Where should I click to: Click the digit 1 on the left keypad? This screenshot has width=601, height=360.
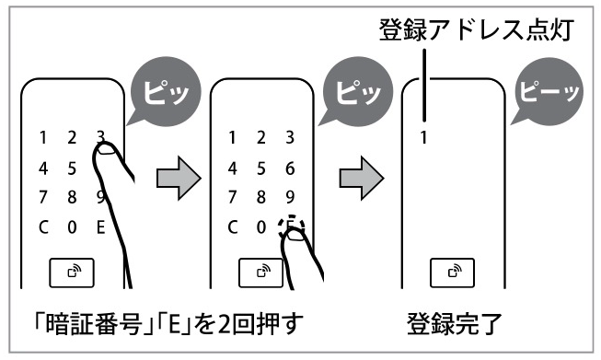43,137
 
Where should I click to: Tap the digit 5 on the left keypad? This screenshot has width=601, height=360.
72,168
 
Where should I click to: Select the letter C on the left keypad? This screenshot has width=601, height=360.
43,227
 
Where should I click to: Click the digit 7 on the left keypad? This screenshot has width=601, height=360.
43,197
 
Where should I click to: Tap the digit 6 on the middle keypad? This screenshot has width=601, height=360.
290,168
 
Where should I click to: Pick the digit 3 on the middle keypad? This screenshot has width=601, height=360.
290,137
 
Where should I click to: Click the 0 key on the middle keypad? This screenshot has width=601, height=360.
261,227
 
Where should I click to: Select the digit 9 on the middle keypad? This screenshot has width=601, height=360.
290,197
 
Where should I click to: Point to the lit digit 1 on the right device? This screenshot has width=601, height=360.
423,137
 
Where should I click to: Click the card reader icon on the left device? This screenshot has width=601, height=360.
72,273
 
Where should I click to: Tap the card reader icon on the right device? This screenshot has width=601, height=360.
452,273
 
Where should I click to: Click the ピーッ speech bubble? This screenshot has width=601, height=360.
549,92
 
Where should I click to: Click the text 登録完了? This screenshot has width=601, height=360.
455,324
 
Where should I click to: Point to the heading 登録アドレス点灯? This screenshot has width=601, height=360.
477,29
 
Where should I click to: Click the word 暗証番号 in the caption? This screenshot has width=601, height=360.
94,324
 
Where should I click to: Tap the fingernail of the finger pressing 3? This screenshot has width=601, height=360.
108,149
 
